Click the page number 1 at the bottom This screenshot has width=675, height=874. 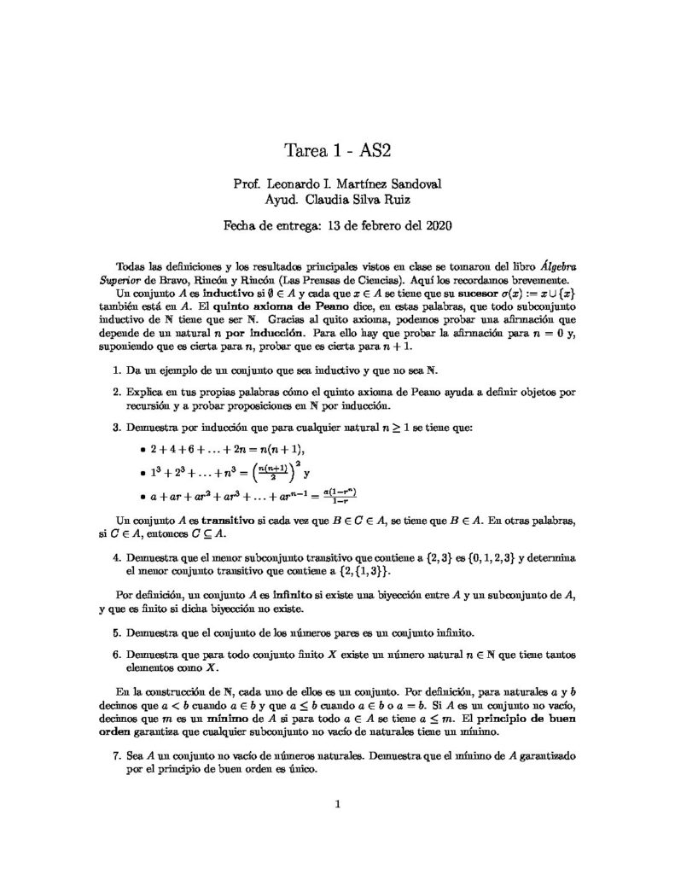tap(338, 803)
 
